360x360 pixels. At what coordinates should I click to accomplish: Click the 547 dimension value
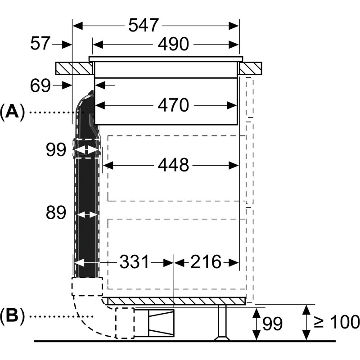pos(143,26)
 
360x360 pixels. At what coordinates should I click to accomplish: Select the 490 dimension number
pos(172,45)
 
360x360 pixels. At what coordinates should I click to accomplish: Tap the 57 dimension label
pos(40,44)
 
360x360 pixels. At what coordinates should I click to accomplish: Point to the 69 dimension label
pos(40,85)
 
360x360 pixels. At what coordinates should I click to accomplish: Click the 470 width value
pos(173,105)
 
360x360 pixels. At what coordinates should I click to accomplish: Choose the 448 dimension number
pos(173,166)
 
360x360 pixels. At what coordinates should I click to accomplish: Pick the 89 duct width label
pos(55,212)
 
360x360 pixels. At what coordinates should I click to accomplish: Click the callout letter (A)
pos(12,112)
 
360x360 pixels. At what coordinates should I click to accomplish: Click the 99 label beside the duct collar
pos(55,150)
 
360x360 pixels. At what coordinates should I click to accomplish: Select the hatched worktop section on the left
pos(75,68)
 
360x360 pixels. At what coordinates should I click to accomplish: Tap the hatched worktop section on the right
pos(250,68)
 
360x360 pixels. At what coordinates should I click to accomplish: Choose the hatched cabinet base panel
pos(175,301)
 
